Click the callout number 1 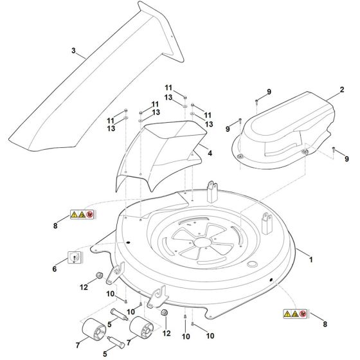click(311, 260)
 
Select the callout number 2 click(342, 89)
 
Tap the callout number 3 click(73, 51)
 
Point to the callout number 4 click(210, 153)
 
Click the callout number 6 click(55, 269)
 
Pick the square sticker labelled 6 click(75, 258)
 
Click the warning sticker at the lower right click(295, 314)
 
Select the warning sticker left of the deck click(82, 215)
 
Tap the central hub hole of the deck click(203, 242)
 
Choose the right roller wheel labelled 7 click(141, 327)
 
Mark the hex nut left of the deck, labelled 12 click(99, 275)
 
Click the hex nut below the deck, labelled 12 click(164, 312)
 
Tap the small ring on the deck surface click(252, 264)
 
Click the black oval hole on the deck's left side click(128, 242)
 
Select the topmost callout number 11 click(168, 87)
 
